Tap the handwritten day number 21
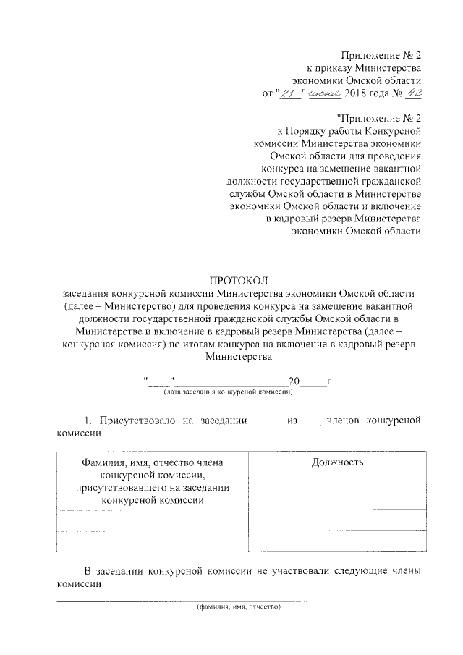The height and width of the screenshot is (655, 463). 289,93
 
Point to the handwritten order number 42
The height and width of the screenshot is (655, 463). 409,93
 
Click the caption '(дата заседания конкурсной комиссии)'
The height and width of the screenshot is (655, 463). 227,392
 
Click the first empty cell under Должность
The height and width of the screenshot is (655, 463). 337,520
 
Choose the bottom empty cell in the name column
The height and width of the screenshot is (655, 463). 151,541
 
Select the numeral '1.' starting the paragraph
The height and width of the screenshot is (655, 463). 90,421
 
